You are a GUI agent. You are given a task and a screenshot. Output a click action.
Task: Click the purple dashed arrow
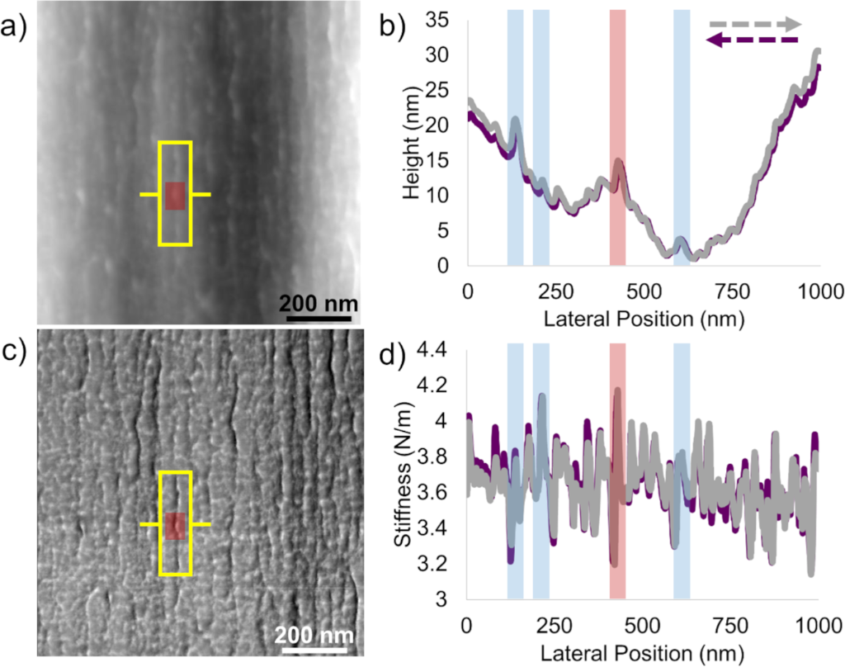click(753, 40)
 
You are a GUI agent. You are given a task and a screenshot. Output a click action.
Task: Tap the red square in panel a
click(175, 196)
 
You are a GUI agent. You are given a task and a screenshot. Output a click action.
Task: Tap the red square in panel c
click(175, 526)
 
